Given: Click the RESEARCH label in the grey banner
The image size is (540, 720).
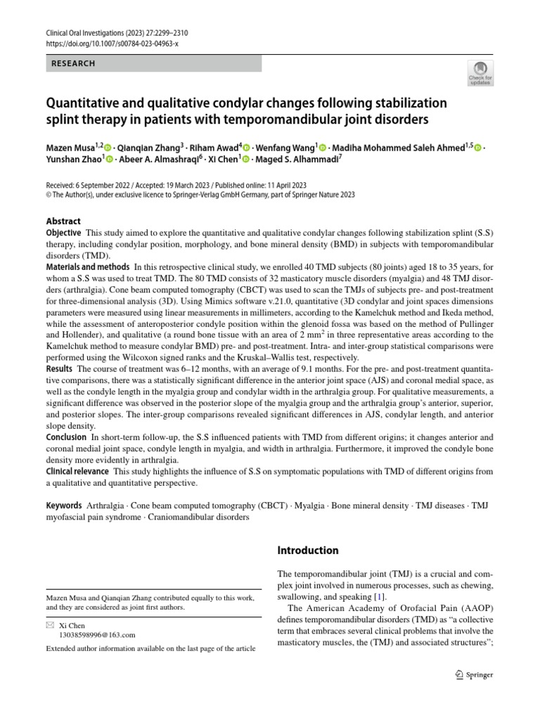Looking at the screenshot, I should point(73,63).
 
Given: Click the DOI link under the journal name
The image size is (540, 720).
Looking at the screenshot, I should point(112,44).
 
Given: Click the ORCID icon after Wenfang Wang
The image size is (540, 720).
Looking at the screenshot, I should point(323,147).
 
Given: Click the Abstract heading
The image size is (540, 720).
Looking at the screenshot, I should point(63,221).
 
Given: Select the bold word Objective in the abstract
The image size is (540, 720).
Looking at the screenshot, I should point(63,233).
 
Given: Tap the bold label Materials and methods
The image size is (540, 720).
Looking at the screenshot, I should point(88,267).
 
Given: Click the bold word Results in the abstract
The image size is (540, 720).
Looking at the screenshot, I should point(59,368).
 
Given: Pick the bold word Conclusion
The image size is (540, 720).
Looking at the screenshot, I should point(66,437).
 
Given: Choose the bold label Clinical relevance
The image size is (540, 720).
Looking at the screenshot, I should point(77,471).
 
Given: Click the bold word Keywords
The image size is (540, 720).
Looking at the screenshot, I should point(64,506).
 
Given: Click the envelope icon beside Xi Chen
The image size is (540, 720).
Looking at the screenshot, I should point(49,624).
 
